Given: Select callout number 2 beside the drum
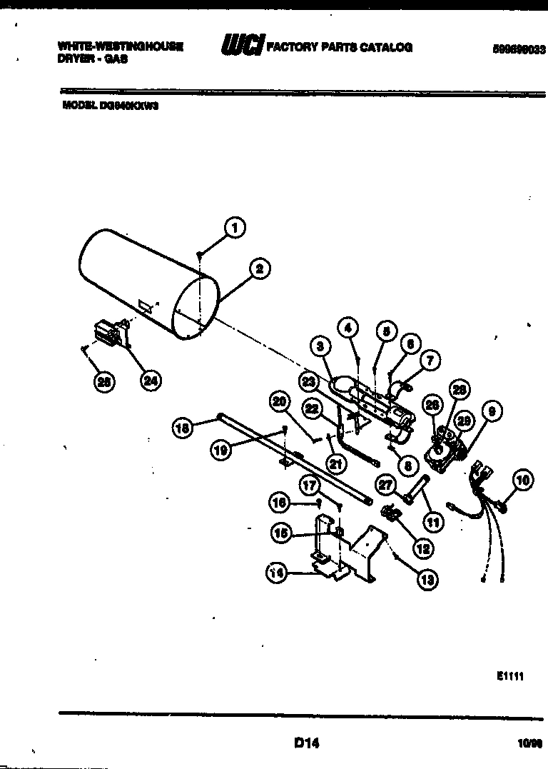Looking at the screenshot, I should pyautogui.click(x=260, y=269).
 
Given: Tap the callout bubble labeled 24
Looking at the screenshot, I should pyautogui.click(x=150, y=381).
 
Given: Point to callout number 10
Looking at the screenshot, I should pyautogui.click(x=523, y=481).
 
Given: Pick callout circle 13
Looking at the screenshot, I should pyautogui.click(x=427, y=579).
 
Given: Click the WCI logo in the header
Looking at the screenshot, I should pyautogui.click(x=243, y=46).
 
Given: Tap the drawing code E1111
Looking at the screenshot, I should pyautogui.click(x=510, y=676).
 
